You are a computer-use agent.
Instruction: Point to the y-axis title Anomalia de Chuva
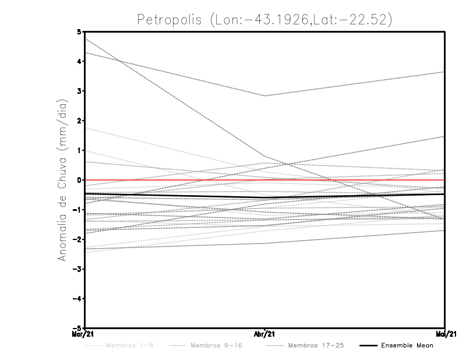(x=63, y=180)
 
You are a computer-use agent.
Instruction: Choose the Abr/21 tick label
(x=265, y=334)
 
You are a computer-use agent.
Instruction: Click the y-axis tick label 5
(x=80, y=32)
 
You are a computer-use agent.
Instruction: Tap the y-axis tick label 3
(x=80, y=91)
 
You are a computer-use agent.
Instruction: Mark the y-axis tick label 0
(x=80, y=180)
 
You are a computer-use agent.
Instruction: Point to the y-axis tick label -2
(x=77, y=239)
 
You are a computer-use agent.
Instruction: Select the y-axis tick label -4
(x=77, y=298)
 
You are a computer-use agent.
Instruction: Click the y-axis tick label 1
(x=80, y=150)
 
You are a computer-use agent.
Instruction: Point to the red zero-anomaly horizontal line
(x=349, y=180)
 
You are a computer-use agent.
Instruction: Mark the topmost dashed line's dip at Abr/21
(x=265, y=96)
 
